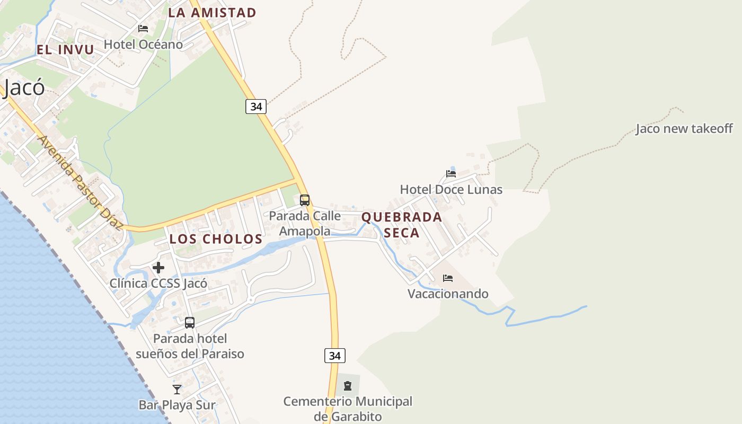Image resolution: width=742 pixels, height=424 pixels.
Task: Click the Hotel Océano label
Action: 143,45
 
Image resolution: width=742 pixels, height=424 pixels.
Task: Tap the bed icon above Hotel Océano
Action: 143,29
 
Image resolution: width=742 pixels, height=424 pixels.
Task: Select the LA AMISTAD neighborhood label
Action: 212,13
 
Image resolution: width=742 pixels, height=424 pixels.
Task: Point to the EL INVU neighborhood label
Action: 65,50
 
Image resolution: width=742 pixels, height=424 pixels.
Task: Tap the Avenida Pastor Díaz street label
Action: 81,182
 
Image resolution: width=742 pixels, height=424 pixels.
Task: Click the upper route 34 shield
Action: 256,107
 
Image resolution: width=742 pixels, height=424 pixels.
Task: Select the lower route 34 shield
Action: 335,356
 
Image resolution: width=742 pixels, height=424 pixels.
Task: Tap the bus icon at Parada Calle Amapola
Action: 305,200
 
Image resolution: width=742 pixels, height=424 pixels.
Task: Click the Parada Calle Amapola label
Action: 305,223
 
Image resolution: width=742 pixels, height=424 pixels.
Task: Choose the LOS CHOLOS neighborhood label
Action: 216,239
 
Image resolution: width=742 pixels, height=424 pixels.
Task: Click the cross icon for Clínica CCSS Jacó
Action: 158,268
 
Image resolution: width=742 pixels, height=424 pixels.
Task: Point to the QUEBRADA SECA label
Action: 402,225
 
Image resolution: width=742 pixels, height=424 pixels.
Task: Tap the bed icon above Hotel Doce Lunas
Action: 451,173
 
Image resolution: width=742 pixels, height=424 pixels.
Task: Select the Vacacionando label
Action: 448,294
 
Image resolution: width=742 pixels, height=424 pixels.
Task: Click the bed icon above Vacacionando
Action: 448,278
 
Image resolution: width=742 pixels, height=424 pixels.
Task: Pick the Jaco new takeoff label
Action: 684,128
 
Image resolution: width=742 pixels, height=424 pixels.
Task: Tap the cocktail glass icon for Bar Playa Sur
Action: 177,390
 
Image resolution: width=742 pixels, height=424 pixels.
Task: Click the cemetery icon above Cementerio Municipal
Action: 348,386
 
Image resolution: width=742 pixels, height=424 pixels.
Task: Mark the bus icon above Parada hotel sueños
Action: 190,322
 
